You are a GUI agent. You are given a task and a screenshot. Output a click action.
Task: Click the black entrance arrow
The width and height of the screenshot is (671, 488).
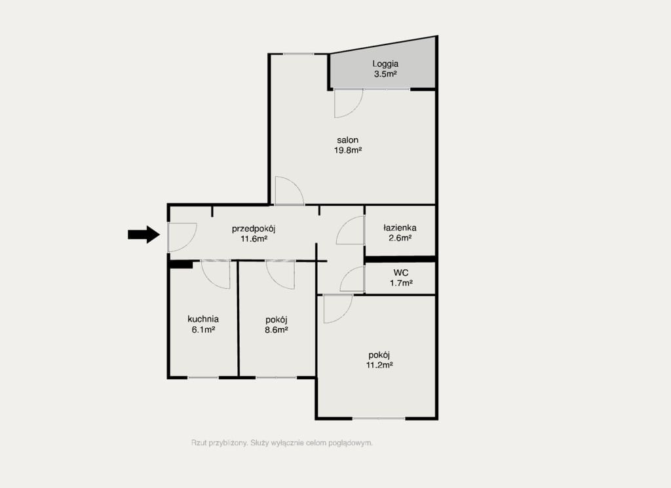144,235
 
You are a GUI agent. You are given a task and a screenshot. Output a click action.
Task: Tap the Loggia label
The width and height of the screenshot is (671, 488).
385,64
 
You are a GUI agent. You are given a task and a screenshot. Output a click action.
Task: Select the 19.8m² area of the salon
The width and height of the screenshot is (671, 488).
348,150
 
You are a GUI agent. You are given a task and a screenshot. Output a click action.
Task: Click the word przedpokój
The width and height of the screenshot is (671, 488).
254,229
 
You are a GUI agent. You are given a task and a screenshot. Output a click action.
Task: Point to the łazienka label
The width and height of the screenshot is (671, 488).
400,227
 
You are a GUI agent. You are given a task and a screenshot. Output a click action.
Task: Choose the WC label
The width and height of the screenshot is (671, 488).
401,272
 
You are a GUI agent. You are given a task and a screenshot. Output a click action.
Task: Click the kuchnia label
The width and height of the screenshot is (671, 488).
203,318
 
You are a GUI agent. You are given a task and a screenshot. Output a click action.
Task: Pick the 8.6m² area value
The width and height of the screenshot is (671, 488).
276,329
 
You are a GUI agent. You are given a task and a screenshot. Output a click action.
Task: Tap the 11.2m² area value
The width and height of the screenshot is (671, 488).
379,366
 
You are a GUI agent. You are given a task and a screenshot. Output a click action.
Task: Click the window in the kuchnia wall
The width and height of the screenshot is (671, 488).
203,378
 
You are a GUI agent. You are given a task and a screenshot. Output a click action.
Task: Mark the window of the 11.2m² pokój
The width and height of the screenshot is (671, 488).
379,418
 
